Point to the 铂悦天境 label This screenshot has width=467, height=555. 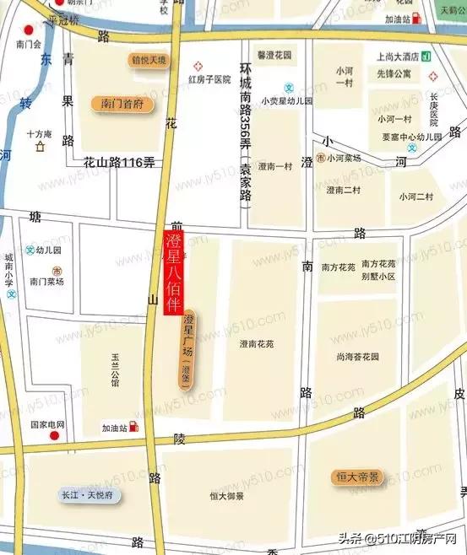[x=149, y=61]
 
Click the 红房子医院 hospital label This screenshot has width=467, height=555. [x=209, y=79]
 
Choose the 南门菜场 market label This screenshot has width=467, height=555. [x=46, y=282]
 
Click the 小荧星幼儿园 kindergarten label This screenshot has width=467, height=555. [x=286, y=100]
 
